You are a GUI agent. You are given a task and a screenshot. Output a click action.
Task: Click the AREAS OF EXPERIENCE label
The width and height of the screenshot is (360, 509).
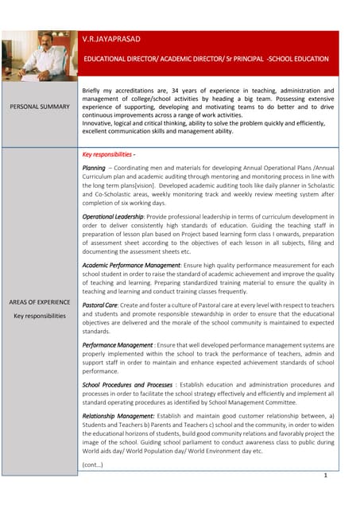(39, 302)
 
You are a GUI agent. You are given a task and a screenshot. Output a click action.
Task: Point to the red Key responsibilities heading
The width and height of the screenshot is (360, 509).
(109, 153)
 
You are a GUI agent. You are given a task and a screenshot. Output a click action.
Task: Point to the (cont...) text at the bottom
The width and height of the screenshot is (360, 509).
(92, 464)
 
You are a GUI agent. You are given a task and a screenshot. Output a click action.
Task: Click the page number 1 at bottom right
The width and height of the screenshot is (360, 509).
(325, 475)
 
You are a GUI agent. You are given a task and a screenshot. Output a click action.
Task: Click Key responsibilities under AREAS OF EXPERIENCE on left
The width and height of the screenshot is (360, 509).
(39, 316)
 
